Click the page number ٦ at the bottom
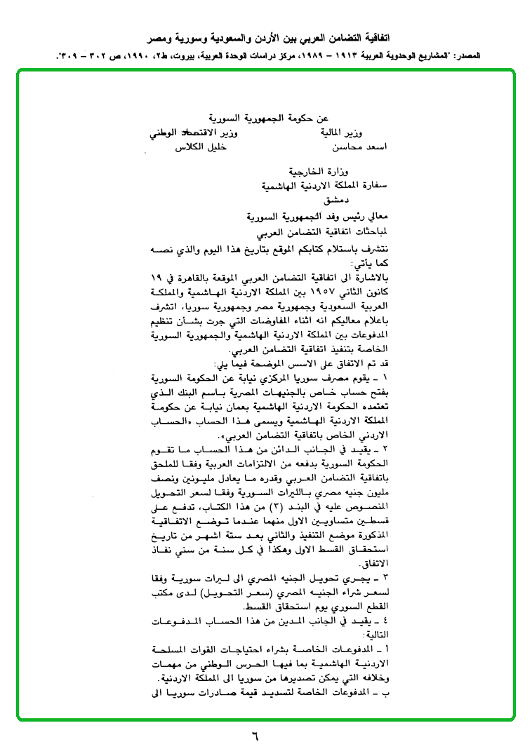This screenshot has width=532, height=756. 255,737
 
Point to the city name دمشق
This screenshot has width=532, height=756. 314,201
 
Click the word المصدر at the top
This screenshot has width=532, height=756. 510,54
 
